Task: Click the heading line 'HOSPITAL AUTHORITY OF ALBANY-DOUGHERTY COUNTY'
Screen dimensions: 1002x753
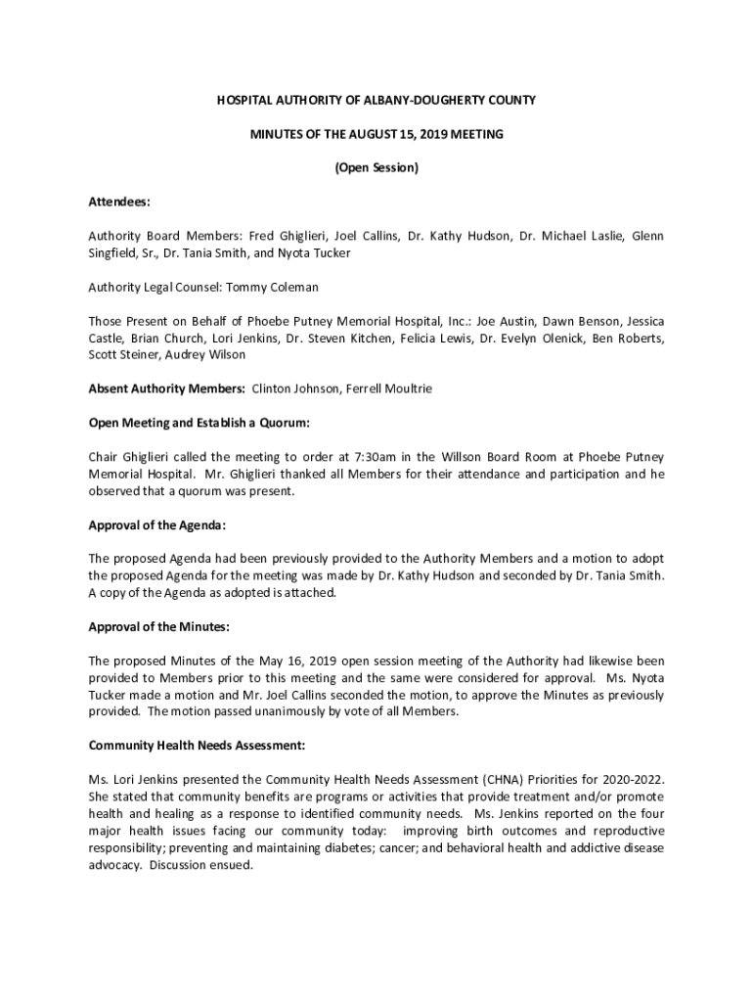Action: tap(376, 101)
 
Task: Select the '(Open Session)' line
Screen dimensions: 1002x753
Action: tap(376, 168)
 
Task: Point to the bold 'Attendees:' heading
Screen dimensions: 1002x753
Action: tap(119, 202)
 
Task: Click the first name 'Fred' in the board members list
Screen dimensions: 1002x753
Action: tap(261, 236)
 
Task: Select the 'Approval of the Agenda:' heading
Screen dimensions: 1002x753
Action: tap(157, 525)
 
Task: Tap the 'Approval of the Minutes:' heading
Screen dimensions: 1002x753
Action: tap(159, 626)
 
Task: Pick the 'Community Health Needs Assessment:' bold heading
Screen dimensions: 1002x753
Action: tap(198, 746)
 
